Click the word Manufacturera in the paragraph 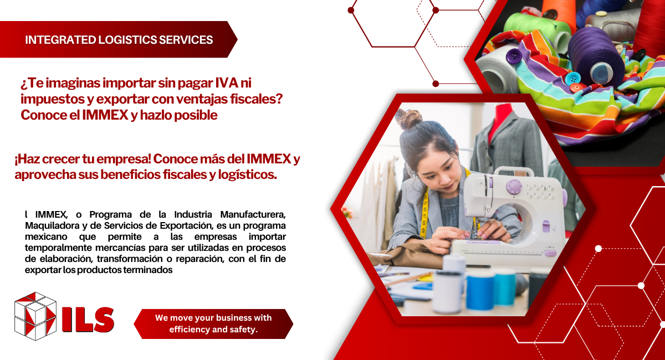pos(253,214)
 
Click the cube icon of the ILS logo pos(35,316)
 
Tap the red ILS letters pos(88,319)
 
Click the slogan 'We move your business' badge pos(213,324)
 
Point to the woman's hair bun pos(409,119)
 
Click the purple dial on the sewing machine pos(514,187)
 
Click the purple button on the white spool pos(514,56)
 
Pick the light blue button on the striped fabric pos(572,78)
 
